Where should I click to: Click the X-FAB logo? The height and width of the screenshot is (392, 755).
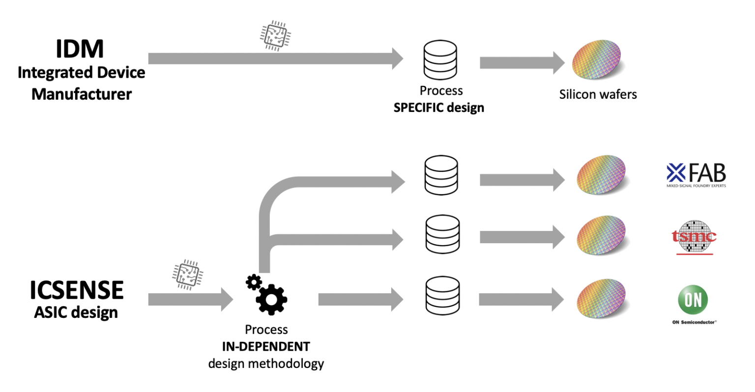[x=696, y=175]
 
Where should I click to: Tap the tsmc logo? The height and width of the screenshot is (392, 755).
[x=694, y=237]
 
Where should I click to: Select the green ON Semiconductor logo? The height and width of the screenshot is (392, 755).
[x=693, y=300]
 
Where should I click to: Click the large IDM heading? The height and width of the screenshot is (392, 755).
[x=80, y=49]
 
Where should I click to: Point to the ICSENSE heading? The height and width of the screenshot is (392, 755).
[x=77, y=290]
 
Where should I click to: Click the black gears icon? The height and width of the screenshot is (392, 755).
[x=266, y=295]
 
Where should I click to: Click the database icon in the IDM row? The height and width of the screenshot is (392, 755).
[x=440, y=60]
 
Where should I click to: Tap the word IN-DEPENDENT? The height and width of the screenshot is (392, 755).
[x=266, y=347]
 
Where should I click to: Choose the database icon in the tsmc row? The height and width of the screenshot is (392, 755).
[x=442, y=235]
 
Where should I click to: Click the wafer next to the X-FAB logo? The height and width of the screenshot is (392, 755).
[x=601, y=175]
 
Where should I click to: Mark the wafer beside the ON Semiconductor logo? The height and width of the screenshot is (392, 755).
[x=601, y=299]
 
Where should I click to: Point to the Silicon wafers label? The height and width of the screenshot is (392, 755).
[x=598, y=94]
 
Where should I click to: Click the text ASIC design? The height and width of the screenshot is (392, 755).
[x=76, y=312]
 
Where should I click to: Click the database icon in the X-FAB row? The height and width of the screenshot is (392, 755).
[x=441, y=175]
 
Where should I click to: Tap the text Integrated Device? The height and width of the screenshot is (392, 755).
[x=82, y=73]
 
